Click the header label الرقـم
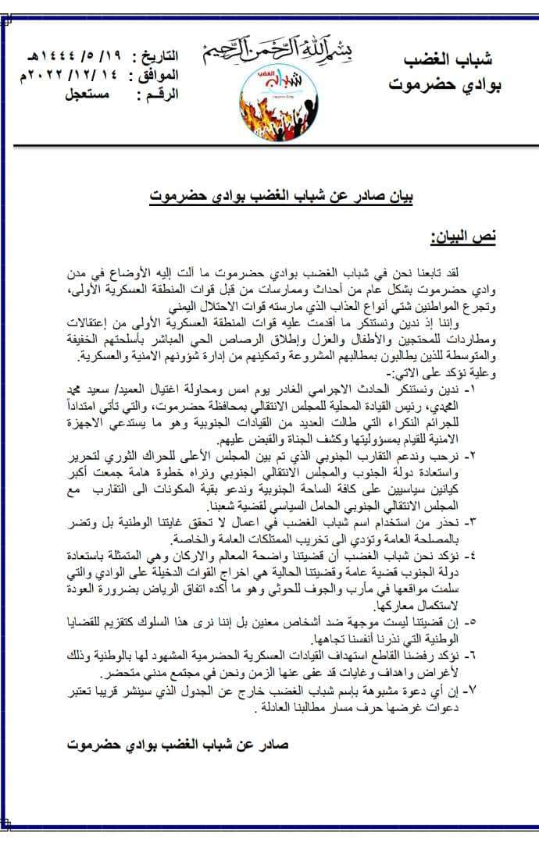pos(157,95)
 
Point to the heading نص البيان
pos(462,236)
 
